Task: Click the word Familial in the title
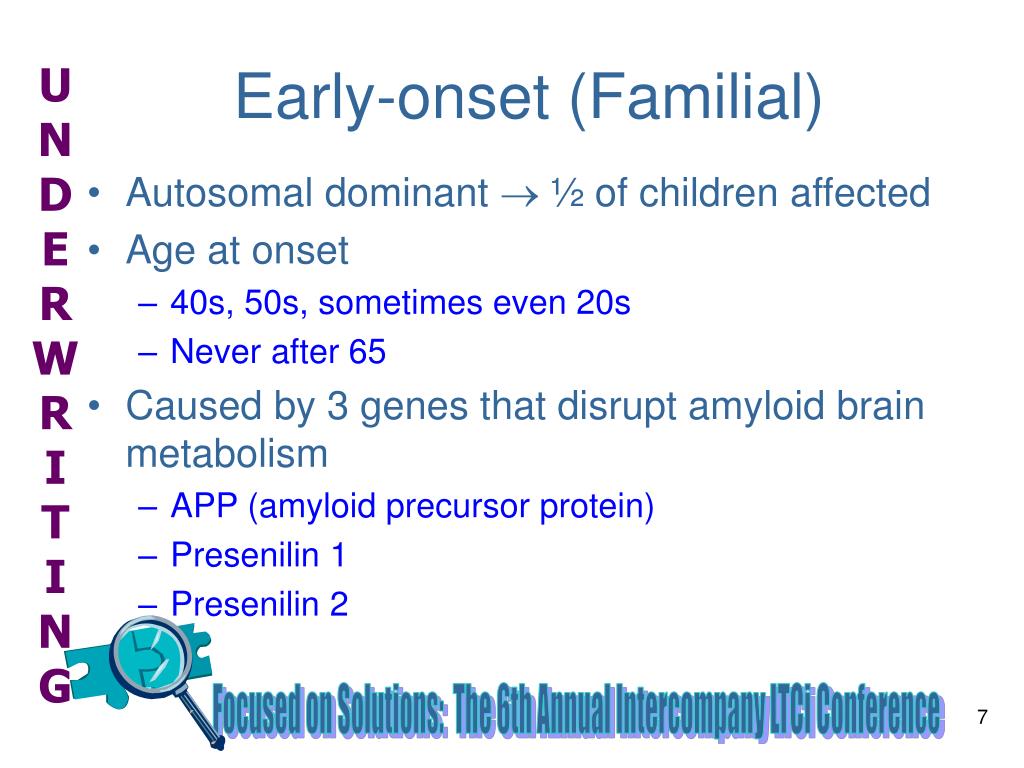point(696,98)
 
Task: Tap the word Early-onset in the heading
point(392,98)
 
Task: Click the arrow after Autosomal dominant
point(520,195)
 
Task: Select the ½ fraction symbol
point(567,193)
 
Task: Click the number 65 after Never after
point(367,352)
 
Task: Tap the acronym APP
point(204,506)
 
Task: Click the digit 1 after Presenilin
point(338,555)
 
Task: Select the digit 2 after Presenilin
point(339,604)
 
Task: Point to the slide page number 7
point(982,717)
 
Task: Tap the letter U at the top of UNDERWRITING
point(55,85)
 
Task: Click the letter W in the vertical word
point(56,358)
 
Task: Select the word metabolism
point(227,454)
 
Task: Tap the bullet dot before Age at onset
point(95,249)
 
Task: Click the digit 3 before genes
point(337,406)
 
